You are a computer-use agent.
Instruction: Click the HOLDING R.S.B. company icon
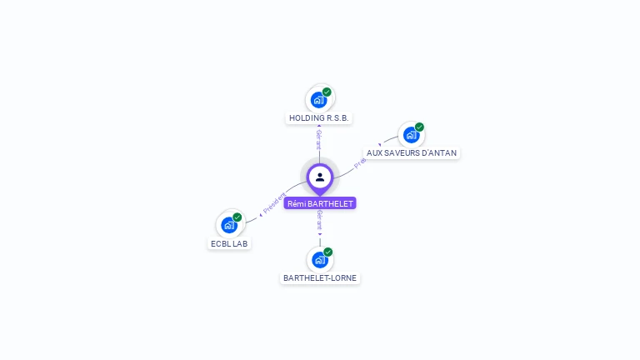(318, 100)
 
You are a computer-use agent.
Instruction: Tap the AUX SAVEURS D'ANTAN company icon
(411, 135)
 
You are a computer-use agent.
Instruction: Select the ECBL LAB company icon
(229, 225)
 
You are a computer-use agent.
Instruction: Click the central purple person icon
(320, 177)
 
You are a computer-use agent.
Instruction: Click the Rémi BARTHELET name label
(320, 203)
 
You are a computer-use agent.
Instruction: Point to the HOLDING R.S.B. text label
(318, 118)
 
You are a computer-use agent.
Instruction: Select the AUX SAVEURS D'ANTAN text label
(412, 153)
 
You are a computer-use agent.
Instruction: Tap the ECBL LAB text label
(229, 243)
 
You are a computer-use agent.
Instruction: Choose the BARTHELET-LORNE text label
(320, 278)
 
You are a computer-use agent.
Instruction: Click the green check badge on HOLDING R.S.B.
(327, 92)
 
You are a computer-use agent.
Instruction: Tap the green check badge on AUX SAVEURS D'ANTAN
(419, 127)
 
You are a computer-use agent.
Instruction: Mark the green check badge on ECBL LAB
(237, 217)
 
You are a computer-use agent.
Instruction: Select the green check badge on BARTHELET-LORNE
(328, 252)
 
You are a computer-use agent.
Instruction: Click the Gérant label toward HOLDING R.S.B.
(319, 139)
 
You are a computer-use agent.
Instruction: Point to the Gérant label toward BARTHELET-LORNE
(320, 221)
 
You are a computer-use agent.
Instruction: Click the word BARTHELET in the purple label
(331, 203)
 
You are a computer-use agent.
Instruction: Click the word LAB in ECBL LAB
(240, 243)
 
